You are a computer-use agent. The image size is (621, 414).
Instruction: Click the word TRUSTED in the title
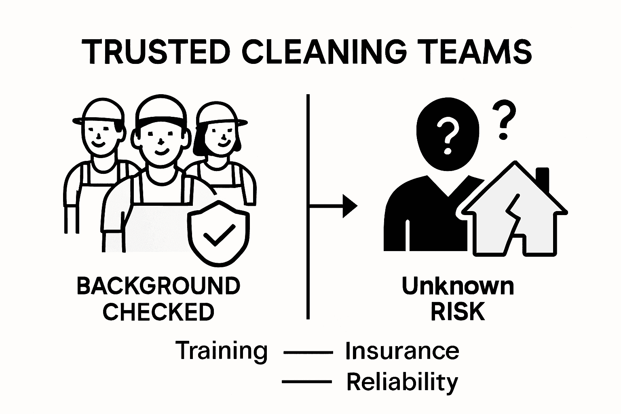tap(156, 52)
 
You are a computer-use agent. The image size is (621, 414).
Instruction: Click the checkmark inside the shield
tap(219, 235)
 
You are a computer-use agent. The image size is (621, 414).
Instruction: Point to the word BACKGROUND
tap(158, 286)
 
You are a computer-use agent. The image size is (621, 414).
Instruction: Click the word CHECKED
tap(158, 312)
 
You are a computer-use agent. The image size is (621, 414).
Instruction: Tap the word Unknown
tap(458, 286)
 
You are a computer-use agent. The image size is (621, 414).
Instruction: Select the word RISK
tap(458, 312)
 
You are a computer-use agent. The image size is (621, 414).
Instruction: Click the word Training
tap(222, 351)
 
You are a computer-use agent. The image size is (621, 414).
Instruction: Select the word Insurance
tap(402, 351)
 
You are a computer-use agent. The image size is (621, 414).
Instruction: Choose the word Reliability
tap(402, 382)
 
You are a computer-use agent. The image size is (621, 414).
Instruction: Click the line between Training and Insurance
tap(308, 353)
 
